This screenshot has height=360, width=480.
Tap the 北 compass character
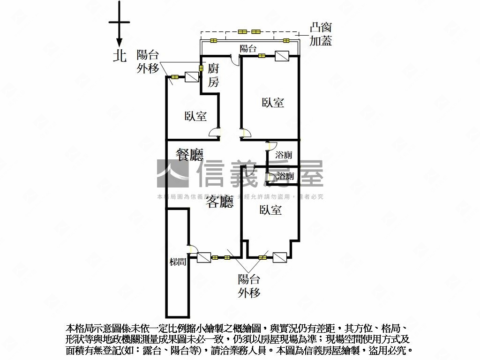click(120, 56)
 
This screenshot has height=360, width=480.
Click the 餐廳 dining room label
click(189, 155)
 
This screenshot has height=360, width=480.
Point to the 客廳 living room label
click(220, 202)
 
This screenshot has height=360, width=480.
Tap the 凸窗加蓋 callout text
click(321, 34)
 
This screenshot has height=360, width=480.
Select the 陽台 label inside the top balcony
click(248, 48)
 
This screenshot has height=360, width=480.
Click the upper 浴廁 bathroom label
click(284, 155)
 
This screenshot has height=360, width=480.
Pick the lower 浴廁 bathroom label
click(285, 176)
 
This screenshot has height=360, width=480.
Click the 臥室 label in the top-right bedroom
click(273, 102)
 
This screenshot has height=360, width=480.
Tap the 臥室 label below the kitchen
click(195, 116)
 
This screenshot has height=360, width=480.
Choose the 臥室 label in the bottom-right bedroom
click(271, 210)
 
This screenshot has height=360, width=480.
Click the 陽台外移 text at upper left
click(148, 61)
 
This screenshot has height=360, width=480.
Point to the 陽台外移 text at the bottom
click(249, 286)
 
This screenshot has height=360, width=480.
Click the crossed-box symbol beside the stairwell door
click(204, 257)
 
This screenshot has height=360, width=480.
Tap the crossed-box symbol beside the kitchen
click(192, 77)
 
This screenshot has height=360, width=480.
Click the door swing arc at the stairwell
click(191, 249)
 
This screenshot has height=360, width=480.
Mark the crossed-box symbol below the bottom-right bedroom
click(279, 257)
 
